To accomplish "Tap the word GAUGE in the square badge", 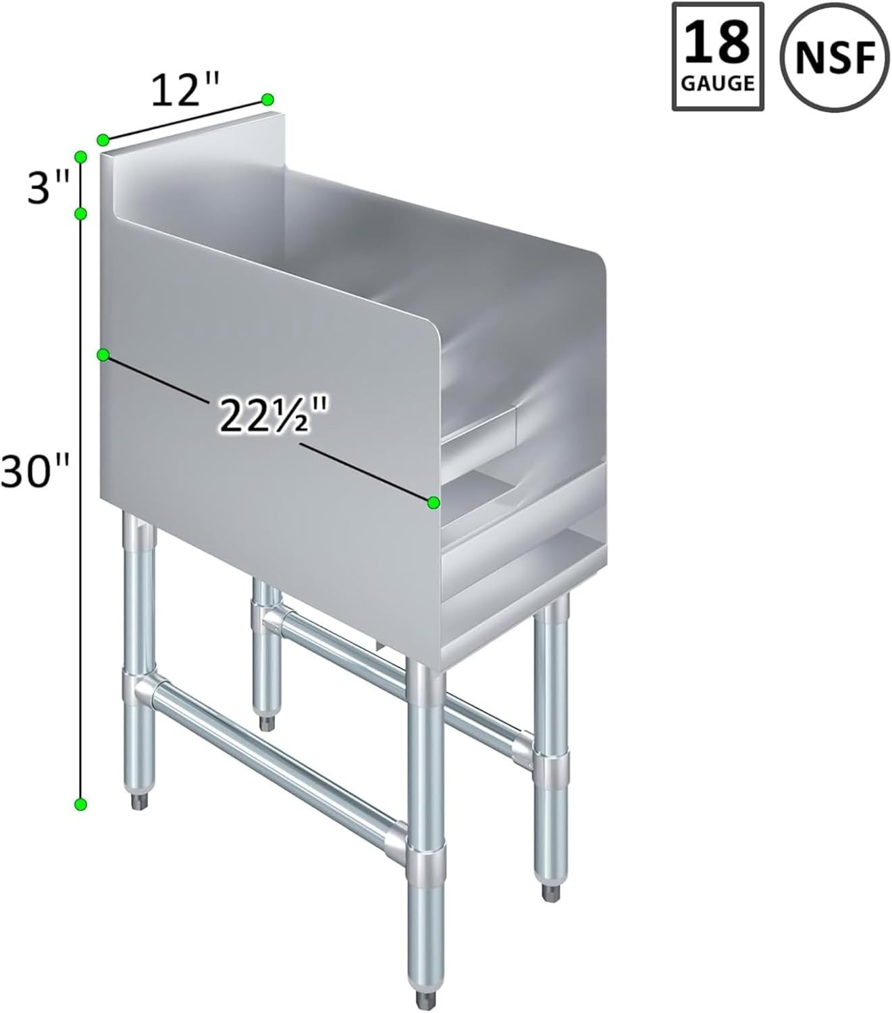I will click(x=718, y=83).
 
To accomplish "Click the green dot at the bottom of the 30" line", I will click(x=80, y=804).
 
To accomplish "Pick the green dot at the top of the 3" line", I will click(x=80, y=157).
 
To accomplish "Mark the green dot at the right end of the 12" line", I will click(x=267, y=99).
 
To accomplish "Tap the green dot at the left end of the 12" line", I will click(x=103, y=140).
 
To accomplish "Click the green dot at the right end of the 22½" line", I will click(x=434, y=502).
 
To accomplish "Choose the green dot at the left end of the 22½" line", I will click(x=103, y=355).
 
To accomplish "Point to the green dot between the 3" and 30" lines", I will click(x=80, y=214).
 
